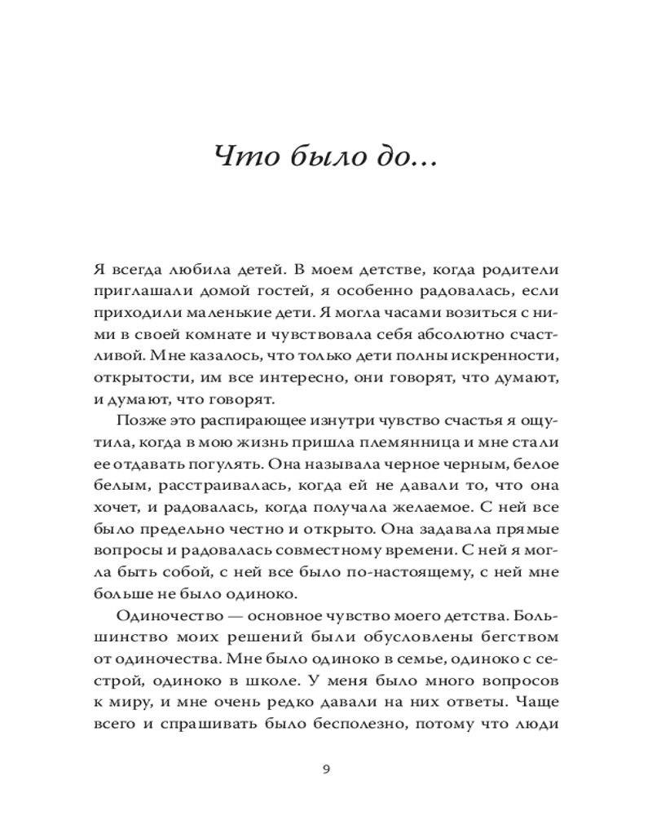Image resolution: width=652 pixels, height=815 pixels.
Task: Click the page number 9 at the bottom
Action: point(326,768)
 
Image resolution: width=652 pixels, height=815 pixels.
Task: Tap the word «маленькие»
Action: point(244,313)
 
